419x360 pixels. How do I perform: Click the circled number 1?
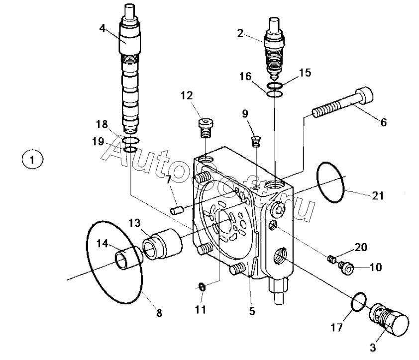pos(32,160)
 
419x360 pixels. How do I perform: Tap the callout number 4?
pos(103,28)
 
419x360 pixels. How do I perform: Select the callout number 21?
pos(378,196)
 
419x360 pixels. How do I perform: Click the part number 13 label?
pos(134,223)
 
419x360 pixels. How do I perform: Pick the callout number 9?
pos(245,113)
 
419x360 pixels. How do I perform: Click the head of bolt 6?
pos(363,94)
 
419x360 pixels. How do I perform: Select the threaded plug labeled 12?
pos(206,128)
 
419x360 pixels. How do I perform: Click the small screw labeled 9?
pos(256,142)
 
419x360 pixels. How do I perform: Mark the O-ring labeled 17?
pos(359,302)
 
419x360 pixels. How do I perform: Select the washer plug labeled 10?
pos(346,269)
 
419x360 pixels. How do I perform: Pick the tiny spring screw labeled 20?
pos(331,259)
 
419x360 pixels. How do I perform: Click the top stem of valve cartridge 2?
pos(274,24)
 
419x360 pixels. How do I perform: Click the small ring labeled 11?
pos(203,287)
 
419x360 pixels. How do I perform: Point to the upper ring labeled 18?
pos(130,140)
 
